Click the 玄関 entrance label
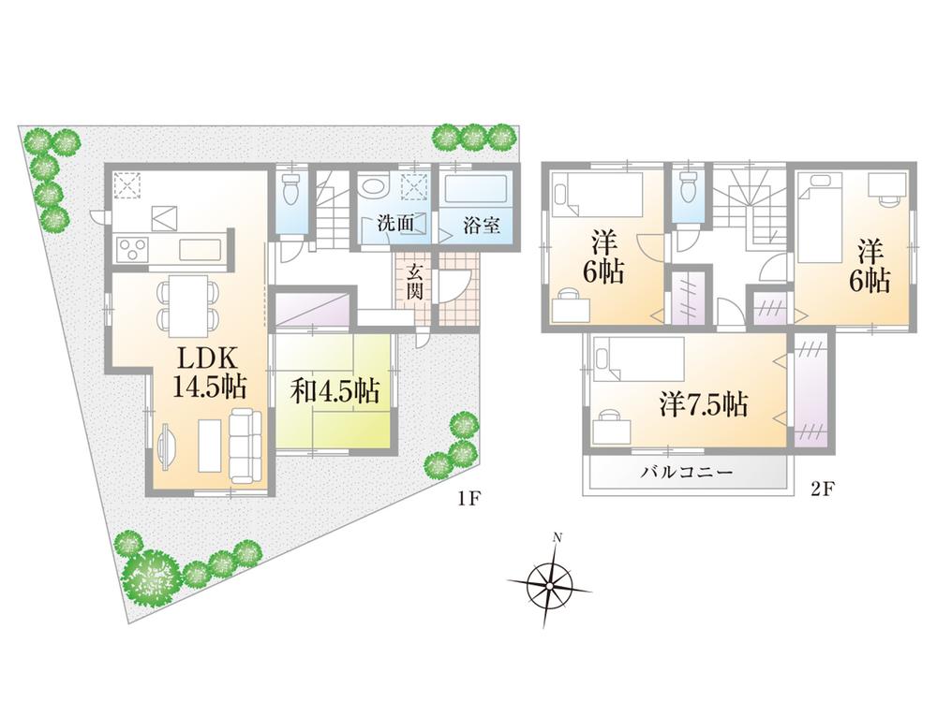tap(415, 282)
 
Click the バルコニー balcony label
tap(686, 474)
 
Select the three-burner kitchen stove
tap(131, 250)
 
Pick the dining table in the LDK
tap(188, 305)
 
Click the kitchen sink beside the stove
tap(200, 250)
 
